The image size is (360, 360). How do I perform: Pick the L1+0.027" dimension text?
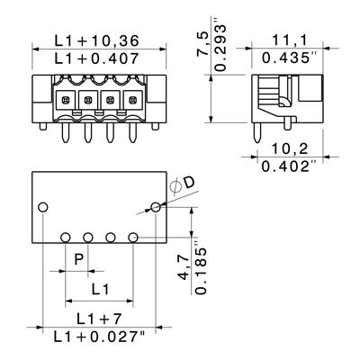[99, 337]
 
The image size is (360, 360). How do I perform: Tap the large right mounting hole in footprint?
[156, 208]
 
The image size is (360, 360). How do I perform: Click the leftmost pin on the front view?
[66, 132]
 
